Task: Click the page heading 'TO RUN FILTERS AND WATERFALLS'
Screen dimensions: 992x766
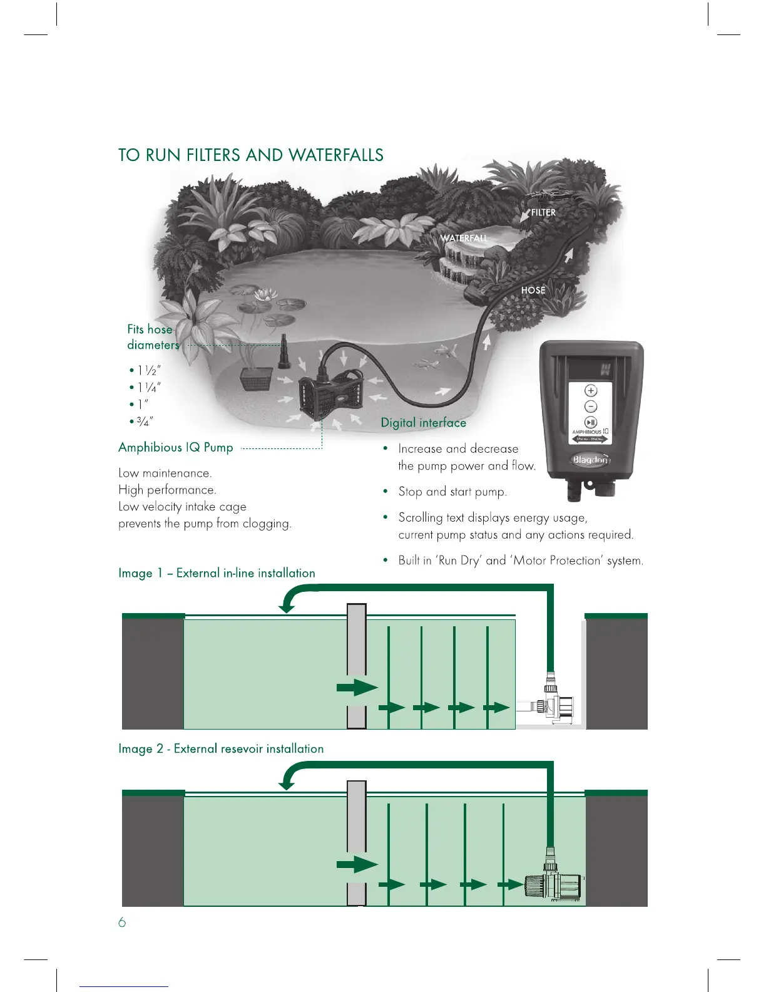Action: click(x=251, y=155)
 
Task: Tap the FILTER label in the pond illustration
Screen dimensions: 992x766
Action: click(x=543, y=213)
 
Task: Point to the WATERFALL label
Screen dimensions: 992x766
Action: click(x=464, y=238)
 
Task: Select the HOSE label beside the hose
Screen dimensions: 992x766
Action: click(x=533, y=291)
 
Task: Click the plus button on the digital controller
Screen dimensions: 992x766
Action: click(x=590, y=390)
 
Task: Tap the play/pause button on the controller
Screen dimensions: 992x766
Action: click(x=590, y=423)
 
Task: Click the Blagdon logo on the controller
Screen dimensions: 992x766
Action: click(x=590, y=460)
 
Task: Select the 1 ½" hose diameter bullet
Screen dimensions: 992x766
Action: click(x=146, y=371)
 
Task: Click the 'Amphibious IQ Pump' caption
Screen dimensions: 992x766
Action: click(x=176, y=447)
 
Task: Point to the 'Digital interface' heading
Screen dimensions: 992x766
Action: click(x=424, y=423)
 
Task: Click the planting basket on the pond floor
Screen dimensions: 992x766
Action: click(x=255, y=379)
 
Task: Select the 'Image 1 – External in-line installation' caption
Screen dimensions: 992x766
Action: click(x=217, y=573)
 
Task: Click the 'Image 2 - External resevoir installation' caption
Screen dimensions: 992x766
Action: click(x=221, y=749)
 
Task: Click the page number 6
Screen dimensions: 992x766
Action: click(x=122, y=922)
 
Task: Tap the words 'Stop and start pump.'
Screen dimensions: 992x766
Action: click(x=452, y=492)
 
